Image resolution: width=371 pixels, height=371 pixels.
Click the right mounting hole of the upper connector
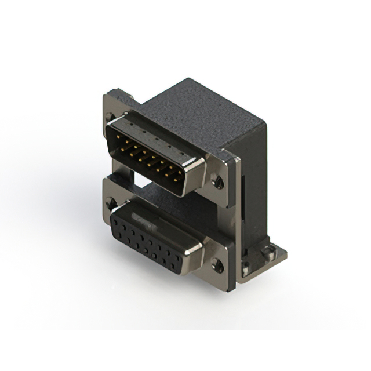218,182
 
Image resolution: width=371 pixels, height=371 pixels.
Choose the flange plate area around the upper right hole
223,174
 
